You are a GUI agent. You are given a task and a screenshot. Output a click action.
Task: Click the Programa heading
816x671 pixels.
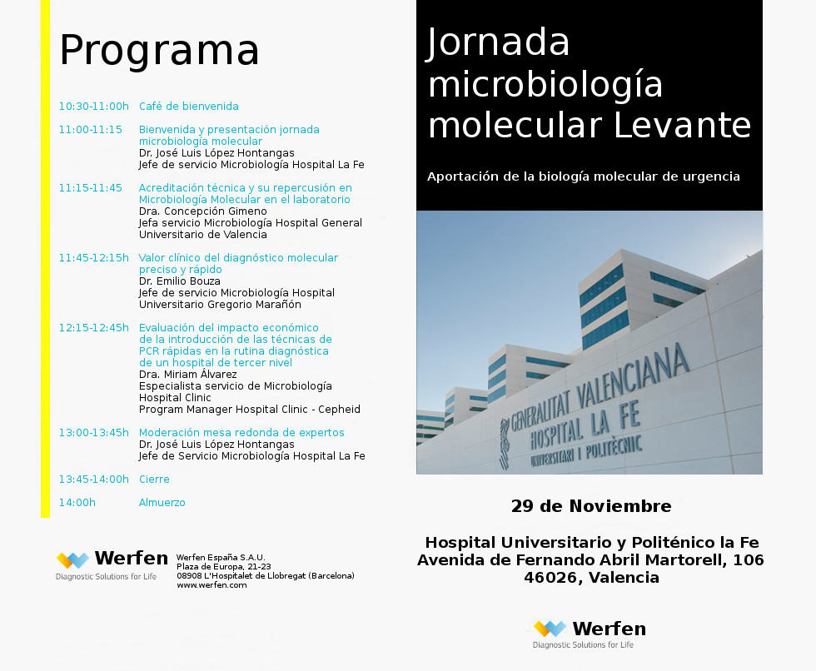tap(159, 50)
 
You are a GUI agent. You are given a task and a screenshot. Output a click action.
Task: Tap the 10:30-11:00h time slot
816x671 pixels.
tap(93, 107)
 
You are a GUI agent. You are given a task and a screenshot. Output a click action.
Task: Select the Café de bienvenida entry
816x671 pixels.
tap(188, 107)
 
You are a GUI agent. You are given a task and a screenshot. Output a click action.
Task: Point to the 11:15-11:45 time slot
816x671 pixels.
tap(90, 188)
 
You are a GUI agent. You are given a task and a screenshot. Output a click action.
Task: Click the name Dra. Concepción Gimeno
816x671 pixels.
tap(202, 211)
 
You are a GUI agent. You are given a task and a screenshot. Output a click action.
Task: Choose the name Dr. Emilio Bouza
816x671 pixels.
tap(179, 281)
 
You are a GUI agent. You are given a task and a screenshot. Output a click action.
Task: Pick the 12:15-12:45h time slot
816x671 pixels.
tap(93, 328)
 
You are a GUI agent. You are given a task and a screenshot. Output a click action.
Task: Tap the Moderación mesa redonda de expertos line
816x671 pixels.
tap(241, 433)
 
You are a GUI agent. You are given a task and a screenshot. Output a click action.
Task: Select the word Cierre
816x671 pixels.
tap(154, 480)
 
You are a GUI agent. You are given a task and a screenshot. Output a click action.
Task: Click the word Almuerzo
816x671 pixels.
tap(162, 503)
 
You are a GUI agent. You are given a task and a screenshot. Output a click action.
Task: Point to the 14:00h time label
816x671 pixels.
tap(77, 503)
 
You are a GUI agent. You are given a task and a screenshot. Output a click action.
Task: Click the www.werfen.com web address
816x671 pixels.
tap(211, 585)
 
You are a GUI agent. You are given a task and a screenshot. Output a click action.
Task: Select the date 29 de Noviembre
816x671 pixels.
tap(590, 506)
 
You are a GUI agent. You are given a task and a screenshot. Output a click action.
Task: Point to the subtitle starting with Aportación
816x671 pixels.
tap(583, 176)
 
